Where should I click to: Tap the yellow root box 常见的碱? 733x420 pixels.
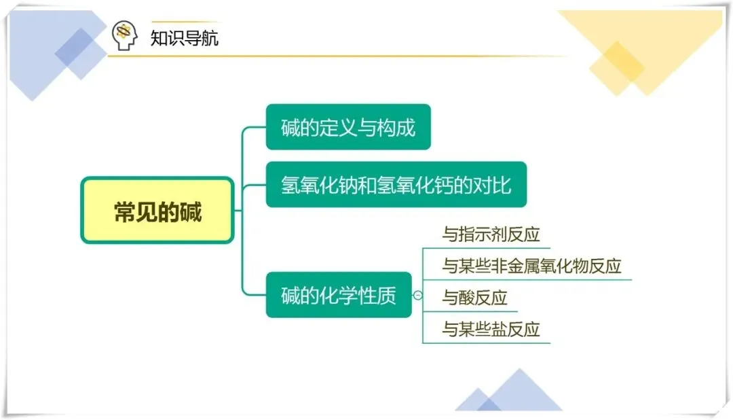(157, 211)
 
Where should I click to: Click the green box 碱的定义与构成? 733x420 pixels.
(348, 127)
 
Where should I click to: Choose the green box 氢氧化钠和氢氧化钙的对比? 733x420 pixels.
(396, 185)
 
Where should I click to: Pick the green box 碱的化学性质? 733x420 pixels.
(339, 296)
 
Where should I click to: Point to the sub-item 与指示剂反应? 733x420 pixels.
(491, 235)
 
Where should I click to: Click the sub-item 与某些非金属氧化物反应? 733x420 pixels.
(531, 266)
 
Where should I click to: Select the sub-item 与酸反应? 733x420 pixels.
(474, 298)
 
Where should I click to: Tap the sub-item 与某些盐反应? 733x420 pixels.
(491, 330)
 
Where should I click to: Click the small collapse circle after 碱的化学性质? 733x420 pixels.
(417, 296)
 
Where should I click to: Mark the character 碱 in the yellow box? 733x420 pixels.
(191, 211)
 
